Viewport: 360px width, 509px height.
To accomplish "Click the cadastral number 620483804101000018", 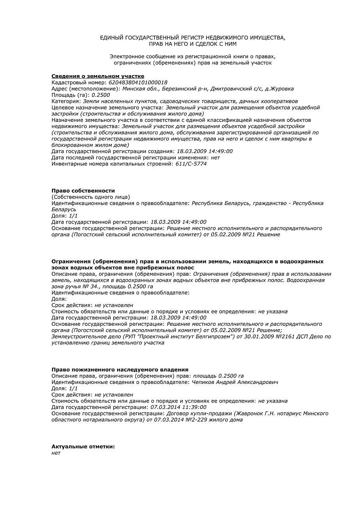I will pyautogui.click(x=138, y=82).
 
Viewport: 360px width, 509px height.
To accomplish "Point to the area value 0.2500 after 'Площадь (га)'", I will pyautogui.click(x=100, y=95).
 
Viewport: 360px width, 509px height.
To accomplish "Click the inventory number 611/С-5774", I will pyautogui.click(x=191, y=164).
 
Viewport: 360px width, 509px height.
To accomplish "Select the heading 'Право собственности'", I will pyautogui.click(x=83, y=191).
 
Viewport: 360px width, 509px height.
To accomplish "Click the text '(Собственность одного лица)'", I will pyautogui.click(x=91, y=197).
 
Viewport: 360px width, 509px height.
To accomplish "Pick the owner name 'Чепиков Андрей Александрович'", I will pyautogui.click(x=235, y=382).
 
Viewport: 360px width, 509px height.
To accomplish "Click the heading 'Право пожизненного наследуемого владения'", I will pyautogui.click(x=120, y=370).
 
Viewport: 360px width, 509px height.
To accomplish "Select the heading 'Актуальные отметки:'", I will pyautogui.click(x=83, y=447).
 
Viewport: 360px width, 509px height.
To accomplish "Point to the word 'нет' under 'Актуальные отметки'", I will pyautogui.click(x=56, y=453).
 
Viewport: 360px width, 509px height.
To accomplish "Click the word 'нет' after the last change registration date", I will pyautogui.click(x=215, y=157).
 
